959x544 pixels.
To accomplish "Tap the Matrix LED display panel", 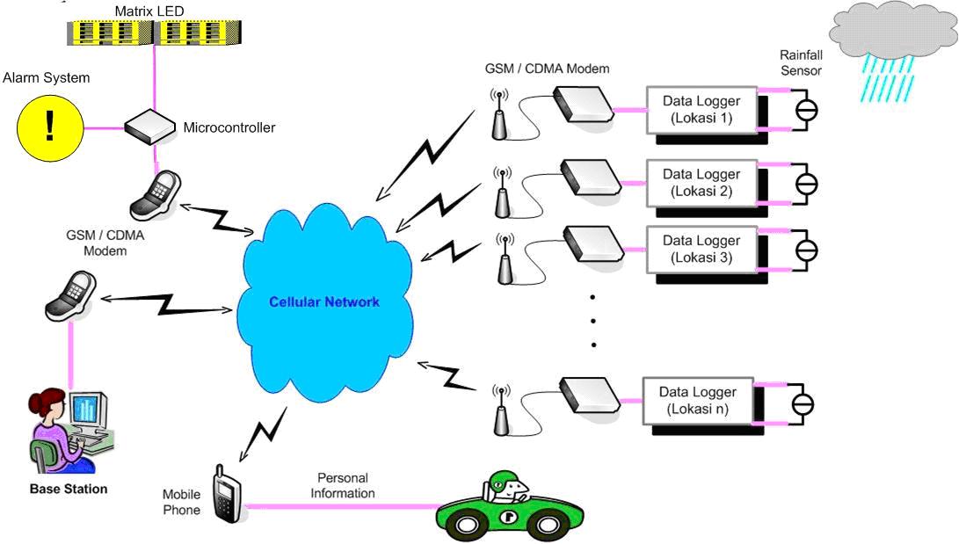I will point(156,33).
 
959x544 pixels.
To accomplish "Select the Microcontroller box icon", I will point(151,128).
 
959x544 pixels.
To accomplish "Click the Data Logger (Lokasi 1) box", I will point(701,109).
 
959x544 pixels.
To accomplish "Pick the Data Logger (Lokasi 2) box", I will point(701,183).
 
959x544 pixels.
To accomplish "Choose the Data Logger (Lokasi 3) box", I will point(701,249).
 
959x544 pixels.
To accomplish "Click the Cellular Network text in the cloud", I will point(324,301).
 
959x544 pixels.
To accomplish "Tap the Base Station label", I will point(69,489).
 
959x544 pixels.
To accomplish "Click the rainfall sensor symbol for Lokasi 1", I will point(806,110).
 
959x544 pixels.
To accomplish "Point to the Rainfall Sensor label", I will point(801,62).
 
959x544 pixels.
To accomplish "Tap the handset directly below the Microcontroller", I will point(154,195).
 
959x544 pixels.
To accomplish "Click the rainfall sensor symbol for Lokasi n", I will point(803,404).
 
